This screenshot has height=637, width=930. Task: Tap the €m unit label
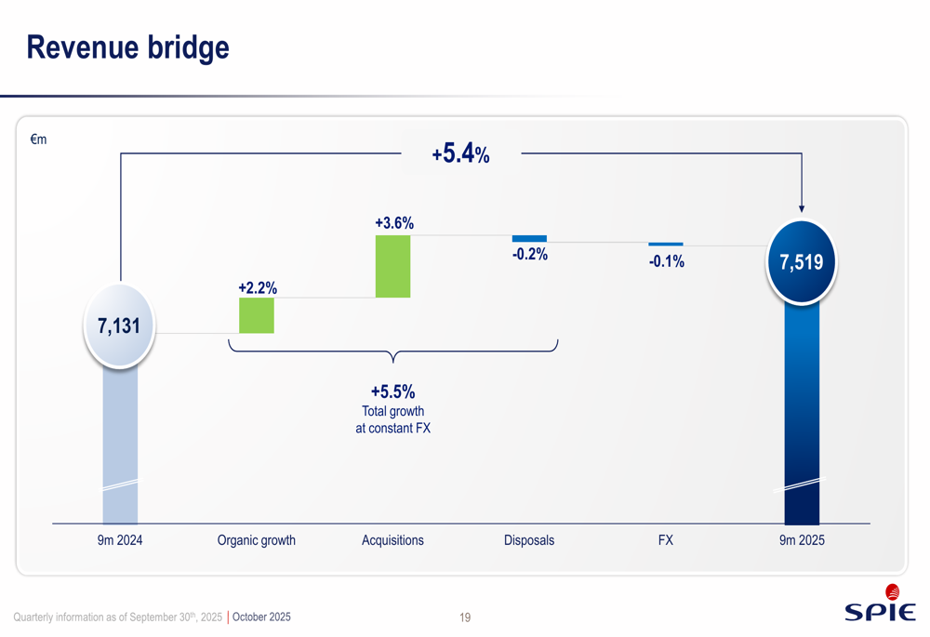point(38,140)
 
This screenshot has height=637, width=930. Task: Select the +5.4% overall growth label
point(460,154)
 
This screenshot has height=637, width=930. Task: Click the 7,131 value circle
point(119,325)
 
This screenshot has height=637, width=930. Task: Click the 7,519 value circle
point(801,262)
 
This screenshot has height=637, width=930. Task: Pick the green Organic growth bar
point(257,315)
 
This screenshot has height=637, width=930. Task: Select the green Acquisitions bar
point(392,266)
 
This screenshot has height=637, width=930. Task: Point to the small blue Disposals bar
point(529,239)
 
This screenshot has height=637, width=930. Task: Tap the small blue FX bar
point(666,245)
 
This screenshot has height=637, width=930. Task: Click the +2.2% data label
point(257,288)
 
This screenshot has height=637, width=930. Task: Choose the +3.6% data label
point(394,223)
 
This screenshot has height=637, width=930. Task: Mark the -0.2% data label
point(530,255)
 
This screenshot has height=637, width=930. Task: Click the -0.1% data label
point(666,262)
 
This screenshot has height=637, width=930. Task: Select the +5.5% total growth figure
point(392,392)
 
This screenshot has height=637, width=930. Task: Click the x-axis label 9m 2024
point(120,540)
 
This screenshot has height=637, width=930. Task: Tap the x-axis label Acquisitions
point(392,540)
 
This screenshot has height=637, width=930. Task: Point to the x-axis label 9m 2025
point(802,540)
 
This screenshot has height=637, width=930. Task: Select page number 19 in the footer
point(465,617)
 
